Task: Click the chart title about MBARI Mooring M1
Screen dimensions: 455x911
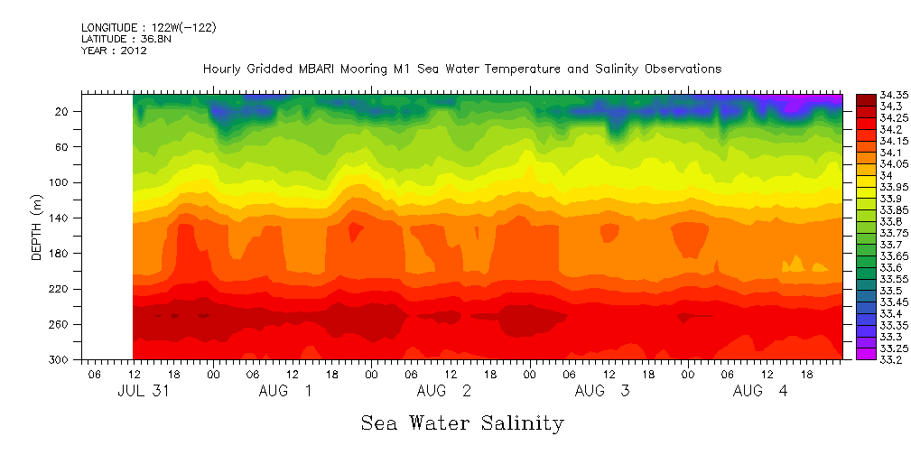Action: (x=461, y=69)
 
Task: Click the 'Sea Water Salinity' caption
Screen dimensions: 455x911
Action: (x=462, y=422)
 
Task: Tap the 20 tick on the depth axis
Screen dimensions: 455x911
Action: (x=63, y=111)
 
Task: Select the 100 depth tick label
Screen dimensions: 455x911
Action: (x=60, y=182)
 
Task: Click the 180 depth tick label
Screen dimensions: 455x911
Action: (x=60, y=254)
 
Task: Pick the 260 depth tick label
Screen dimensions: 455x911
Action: (x=60, y=324)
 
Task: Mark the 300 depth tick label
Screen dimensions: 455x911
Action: (x=60, y=359)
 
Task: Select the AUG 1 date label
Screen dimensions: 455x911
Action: (x=285, y=391)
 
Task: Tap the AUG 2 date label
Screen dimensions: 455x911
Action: (x=444, y=391)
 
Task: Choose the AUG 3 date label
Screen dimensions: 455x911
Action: (x=603, y=391)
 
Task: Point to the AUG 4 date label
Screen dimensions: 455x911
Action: (x=761, y=391)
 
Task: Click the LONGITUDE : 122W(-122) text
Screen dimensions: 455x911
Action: (x=148, y=28)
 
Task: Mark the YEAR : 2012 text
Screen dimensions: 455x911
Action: (x=114, y=51)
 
